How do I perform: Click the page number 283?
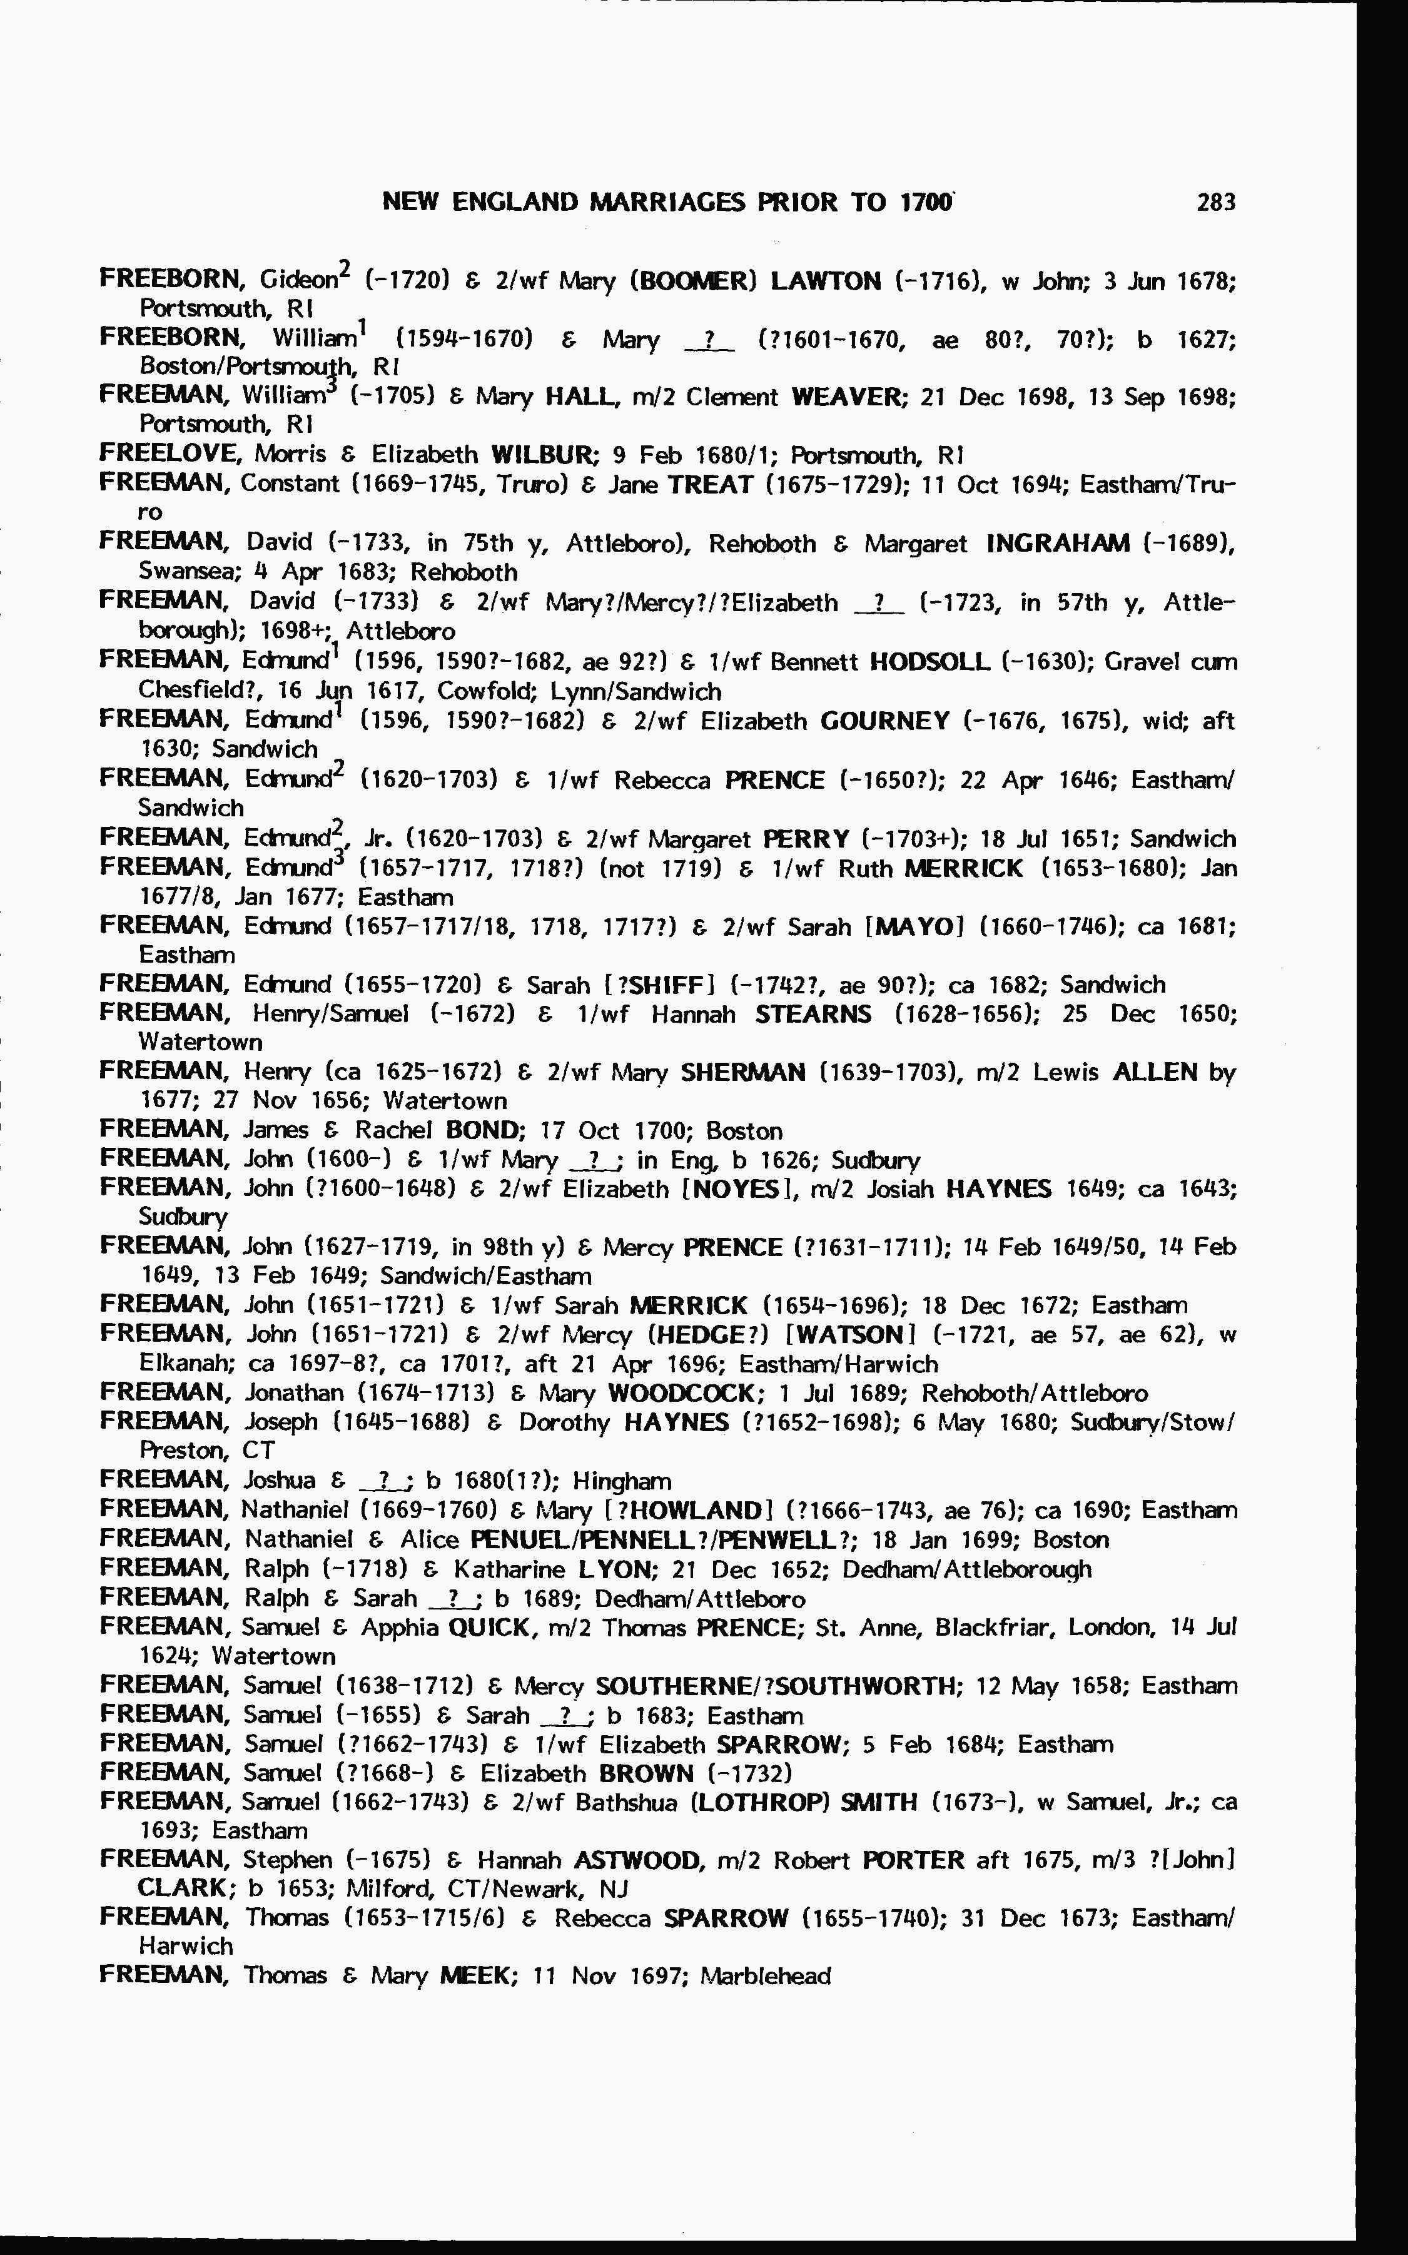[x=1215, y=202]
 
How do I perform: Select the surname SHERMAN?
[x=742, y=1073]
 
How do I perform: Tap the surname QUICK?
[x=489, y=1628]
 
